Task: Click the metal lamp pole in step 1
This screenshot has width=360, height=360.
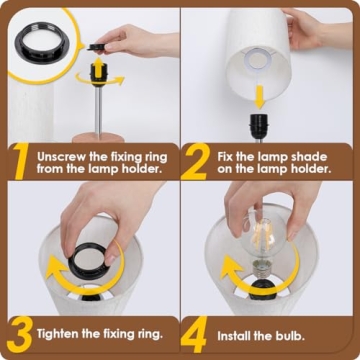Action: point(100,110)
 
